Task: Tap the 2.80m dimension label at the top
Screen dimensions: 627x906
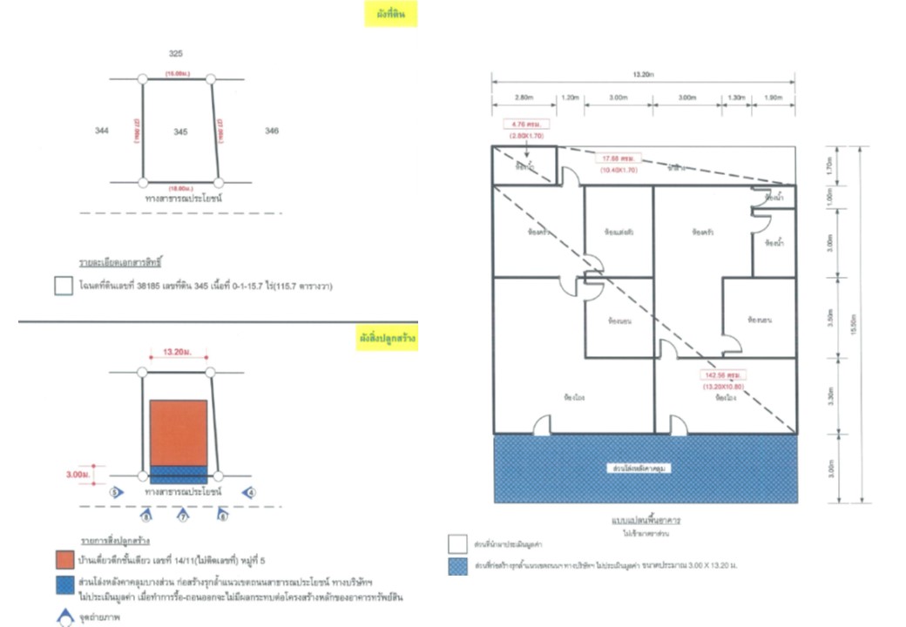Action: pyautogui.click(x=524, y=98)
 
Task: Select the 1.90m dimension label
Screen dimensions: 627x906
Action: pyautogui.click(x=774, y=98)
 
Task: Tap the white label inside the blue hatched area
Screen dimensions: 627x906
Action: pyautogui.click(x=646, y=469)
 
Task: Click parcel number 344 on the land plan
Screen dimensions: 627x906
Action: pyautogui.click(x=102, y=131)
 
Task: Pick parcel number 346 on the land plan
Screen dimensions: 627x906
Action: pyautogui.click(x=272, y=131)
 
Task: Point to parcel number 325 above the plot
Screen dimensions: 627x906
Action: pyautogui.click(x=176, y=54)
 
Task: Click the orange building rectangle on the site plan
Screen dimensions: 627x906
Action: pyautogui.click(x=179, y=433)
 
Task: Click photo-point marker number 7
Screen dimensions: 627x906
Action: pyautogui.click(x=183, y=516)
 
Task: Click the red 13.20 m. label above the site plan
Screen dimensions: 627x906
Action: pyautogui.click(x=179, y=354)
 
